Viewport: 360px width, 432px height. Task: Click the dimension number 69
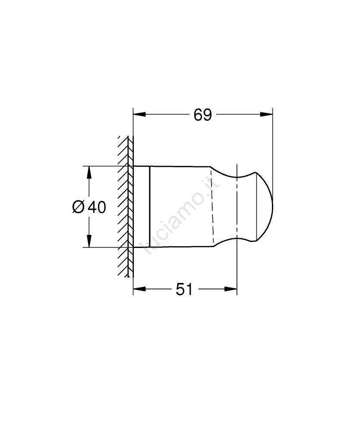pos(202,115)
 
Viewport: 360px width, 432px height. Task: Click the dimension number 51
pos(184,289)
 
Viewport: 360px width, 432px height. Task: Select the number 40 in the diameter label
pos(97,207)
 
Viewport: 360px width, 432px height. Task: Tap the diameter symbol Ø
pos(78,207)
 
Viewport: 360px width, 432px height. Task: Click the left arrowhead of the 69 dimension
pos(139,114)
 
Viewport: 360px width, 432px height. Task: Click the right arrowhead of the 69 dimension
pos(266,114)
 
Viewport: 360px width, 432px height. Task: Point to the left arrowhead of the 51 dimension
pos(139,289)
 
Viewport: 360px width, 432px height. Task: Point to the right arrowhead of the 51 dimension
pos(231,289)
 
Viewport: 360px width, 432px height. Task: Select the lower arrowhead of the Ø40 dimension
pos(88,241)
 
